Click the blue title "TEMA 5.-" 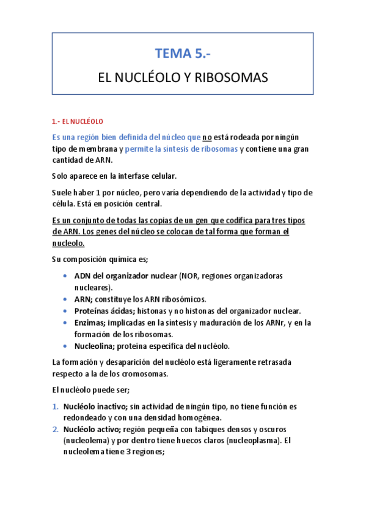(x=183, y=54)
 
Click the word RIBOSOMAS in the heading (x=233, y=79)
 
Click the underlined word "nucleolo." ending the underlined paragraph (x=70, y=243)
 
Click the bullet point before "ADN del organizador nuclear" (x=65, y=276)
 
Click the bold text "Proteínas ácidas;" (x=102, y=311)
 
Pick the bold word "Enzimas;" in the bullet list (x=91, y=323)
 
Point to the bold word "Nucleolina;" (x=97, y=346)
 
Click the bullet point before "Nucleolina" (x=65, y=346)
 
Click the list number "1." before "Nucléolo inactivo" (x=56, y=406)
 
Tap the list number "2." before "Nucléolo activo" (x=56, y=429)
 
